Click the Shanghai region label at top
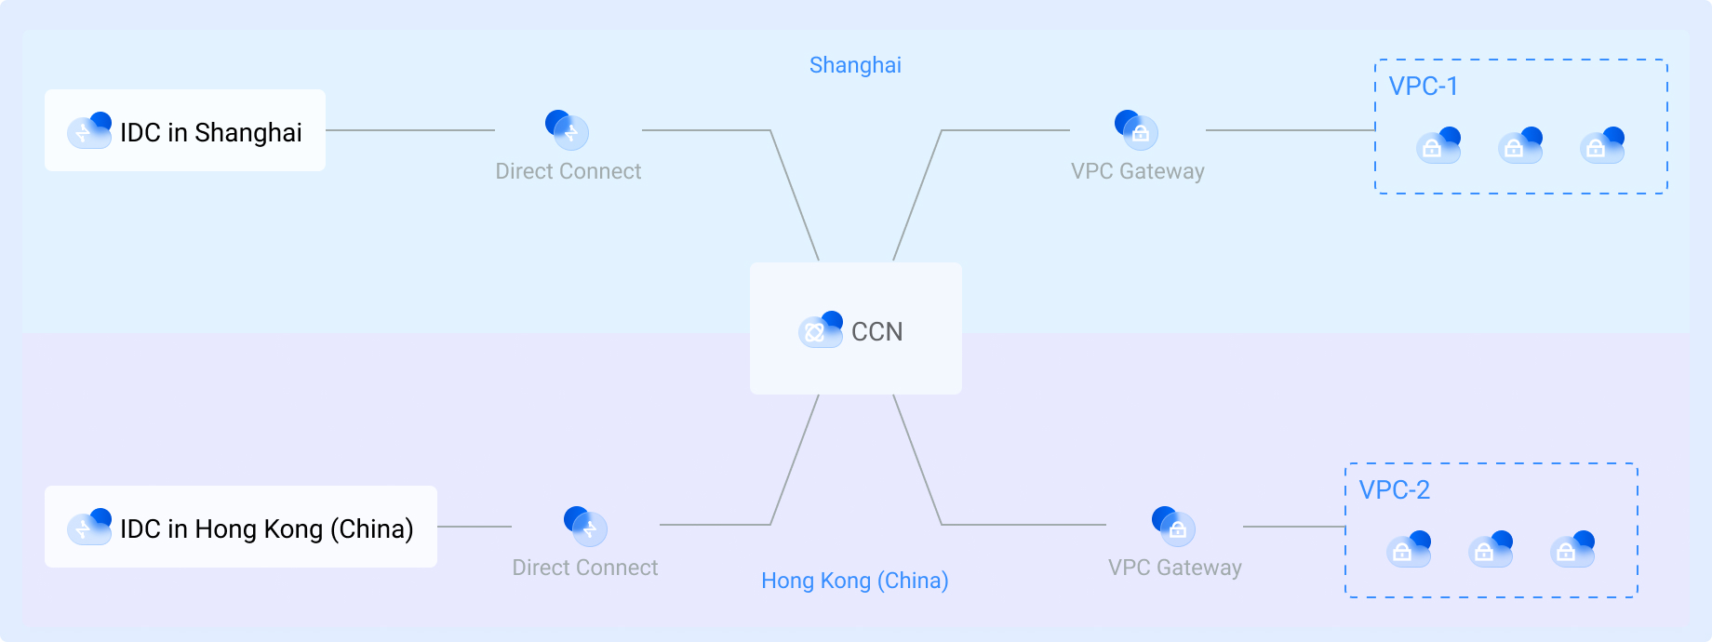855,65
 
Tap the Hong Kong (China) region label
854,581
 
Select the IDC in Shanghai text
210,132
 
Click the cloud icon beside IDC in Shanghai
89,130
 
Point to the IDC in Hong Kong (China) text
266,528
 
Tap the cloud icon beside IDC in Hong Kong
89,527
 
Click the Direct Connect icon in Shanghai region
567,130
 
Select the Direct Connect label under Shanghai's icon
568,171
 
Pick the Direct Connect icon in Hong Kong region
585,527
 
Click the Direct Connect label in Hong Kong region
584,568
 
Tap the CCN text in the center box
876,331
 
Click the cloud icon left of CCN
820,329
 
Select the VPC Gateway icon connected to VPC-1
1136,130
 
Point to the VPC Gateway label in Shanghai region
1137,171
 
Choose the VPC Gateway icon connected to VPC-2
1173,527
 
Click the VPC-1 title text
1423,87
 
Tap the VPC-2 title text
1394,490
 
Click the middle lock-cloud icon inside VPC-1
1520,146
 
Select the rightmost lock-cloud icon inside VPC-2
1572,549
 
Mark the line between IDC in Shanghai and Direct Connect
409,130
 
